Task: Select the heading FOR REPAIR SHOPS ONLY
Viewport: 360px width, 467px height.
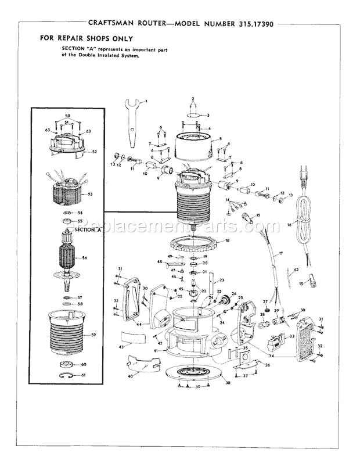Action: pos(86,38)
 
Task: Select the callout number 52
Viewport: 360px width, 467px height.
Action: pos(95,152)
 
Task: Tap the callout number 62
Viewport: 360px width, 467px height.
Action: pos(296,270)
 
